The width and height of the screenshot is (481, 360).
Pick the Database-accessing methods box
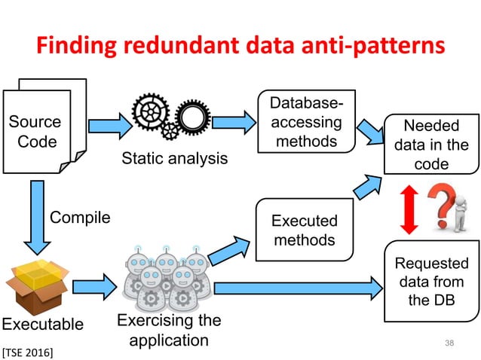[x=306, y=122]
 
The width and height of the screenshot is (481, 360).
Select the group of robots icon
[x=167, y=279]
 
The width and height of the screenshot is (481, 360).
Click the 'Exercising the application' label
[x=169, y=330]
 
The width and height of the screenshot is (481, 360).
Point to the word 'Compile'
[x=79, y=218]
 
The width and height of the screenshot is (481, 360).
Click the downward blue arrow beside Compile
[x=35, y=218]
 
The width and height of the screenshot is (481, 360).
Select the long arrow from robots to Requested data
[x=298, y=287]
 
